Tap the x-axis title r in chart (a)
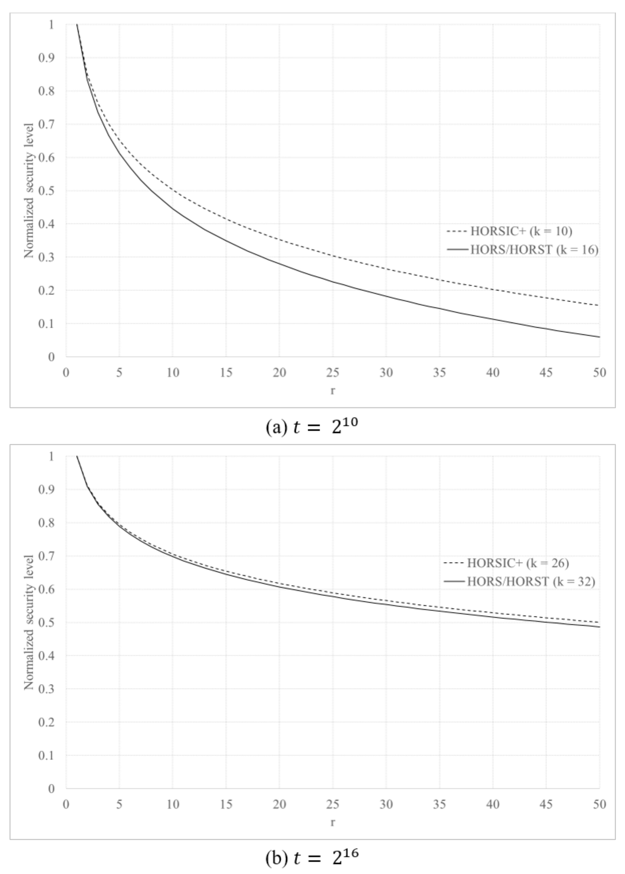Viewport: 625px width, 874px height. click(x=333, y=390)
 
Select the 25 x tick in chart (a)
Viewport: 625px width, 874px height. click(x=333, y=373)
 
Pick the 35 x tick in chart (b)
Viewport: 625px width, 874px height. click(x=439, y=804)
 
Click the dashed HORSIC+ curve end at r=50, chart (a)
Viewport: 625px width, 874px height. click(x=599, y=305)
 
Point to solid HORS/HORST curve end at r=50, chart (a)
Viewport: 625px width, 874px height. click(x=599, y=337)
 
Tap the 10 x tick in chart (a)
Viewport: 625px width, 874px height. click(x=173, y=373)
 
